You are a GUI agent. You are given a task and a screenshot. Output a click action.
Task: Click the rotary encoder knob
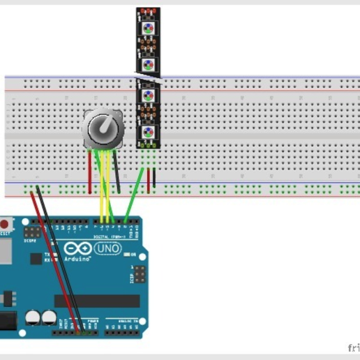click(x=104, y=128)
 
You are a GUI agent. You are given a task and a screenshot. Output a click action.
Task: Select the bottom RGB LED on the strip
click(x=148, y=132)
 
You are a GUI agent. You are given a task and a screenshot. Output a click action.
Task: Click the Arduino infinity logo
click(x=76, y=249)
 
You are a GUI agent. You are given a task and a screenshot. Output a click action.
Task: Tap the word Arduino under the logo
click(x=77, y=259)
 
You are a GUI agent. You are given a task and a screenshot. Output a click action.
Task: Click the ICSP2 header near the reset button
click(x=31, y=231)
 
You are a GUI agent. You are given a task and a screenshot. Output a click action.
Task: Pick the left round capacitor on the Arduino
click(x=33, y=317)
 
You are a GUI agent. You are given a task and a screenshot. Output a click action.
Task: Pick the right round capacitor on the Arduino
click(x=49, y=317)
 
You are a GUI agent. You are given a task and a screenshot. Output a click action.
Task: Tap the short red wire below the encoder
click(x=89, y=170)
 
